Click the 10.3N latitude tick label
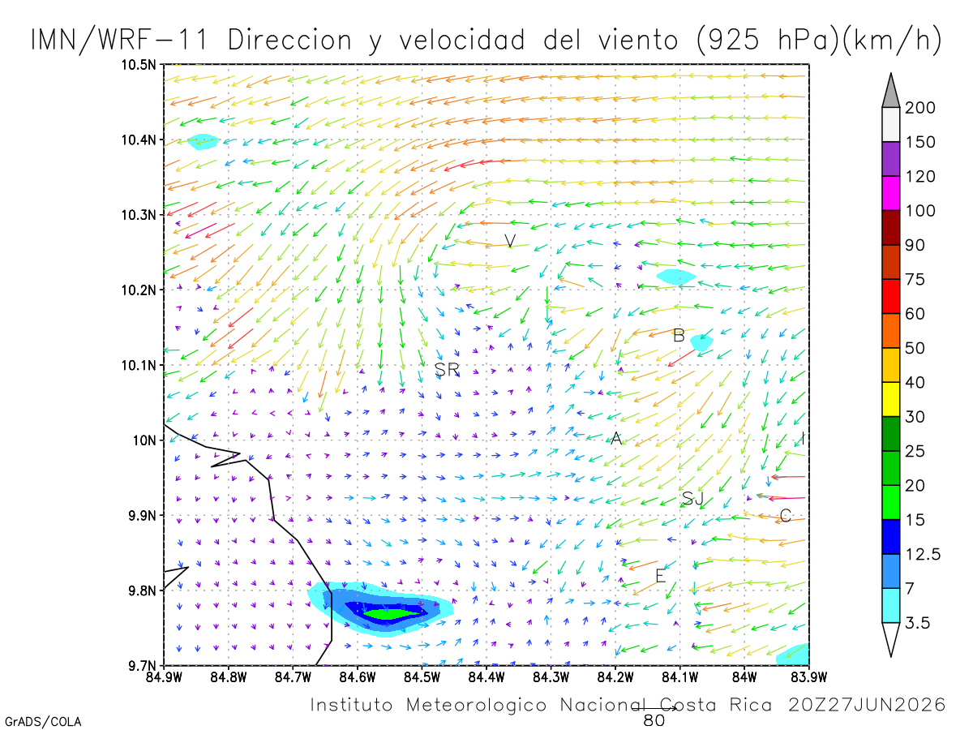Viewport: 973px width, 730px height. pyautogui.click(x=139, y=216)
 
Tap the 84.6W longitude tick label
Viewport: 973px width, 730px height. pyautogui.click(x=358, y=677)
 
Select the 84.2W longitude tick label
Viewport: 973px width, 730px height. pyautogui.click(x=615, y=677)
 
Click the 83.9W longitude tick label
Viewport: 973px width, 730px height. pyautogui.click(x=809, y=677)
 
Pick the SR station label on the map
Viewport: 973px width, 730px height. pyautogui.click(x=447, y=369)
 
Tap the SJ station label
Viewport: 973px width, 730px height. pyautogui.click(x=692, y=499)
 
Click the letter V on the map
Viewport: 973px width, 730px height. pyautogui.click(x=510, y=241)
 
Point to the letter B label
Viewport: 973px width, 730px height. pyautogui.click(x=679, y=336)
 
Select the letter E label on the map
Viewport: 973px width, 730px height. pyautogui.click(x=661, y=576)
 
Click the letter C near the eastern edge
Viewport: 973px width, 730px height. pyautogui.click(x=786, y=516)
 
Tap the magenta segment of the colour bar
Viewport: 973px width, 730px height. pyautogui.click(x=890, y=193)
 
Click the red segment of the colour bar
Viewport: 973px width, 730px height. pyautogui.click(x=890, y=296)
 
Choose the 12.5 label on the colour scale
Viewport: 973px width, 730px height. pyautogui.click(x=923, y=554)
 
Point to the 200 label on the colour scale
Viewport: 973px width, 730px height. pyautogui.click(x=919, y=108)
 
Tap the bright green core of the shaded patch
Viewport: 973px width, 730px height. pyautogui.click(x=392, y=614)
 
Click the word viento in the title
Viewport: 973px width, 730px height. pyautogui.click(x=638, y=40)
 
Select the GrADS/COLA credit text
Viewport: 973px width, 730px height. pyautogui.click(x=43, y=722)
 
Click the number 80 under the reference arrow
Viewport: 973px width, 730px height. pyautogui.click(x=654, y=721)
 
